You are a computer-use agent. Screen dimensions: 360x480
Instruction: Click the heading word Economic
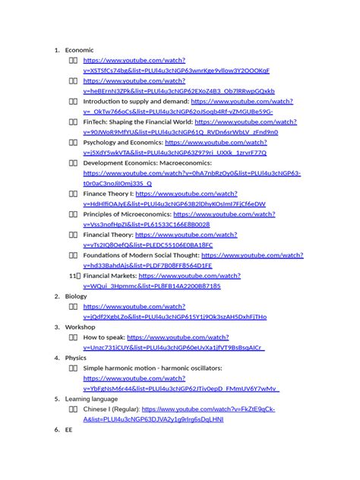coord(79,49)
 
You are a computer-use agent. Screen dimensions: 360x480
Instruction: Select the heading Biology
coord(76,296)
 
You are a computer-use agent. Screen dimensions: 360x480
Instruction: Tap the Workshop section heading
coord(80,327)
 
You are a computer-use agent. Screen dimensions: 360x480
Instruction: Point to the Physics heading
coord(76,358)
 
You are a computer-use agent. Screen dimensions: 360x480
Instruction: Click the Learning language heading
coord(91,399)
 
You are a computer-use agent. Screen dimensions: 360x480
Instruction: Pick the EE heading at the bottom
coord(68,429)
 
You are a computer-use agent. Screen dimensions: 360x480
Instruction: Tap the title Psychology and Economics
coord(122,142)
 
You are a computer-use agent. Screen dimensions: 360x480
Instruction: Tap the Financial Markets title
coord(110,276)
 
